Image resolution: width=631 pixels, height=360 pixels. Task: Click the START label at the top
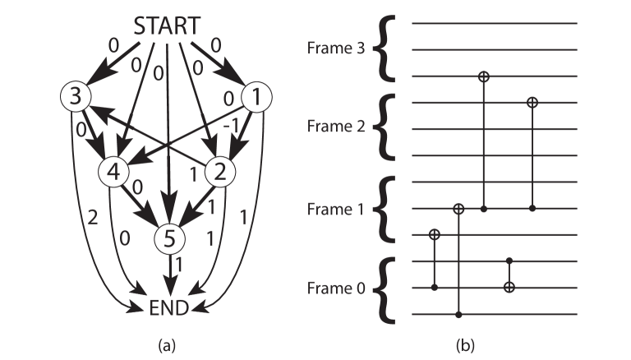(167, 25)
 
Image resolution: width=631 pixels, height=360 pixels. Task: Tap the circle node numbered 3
(75, 97)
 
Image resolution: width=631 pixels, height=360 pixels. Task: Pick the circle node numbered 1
(257, 98)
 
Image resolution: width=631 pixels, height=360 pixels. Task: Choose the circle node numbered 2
(219, 172)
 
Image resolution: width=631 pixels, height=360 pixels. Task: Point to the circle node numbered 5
(168, 239)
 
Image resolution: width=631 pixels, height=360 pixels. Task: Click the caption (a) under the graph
(168, 343)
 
